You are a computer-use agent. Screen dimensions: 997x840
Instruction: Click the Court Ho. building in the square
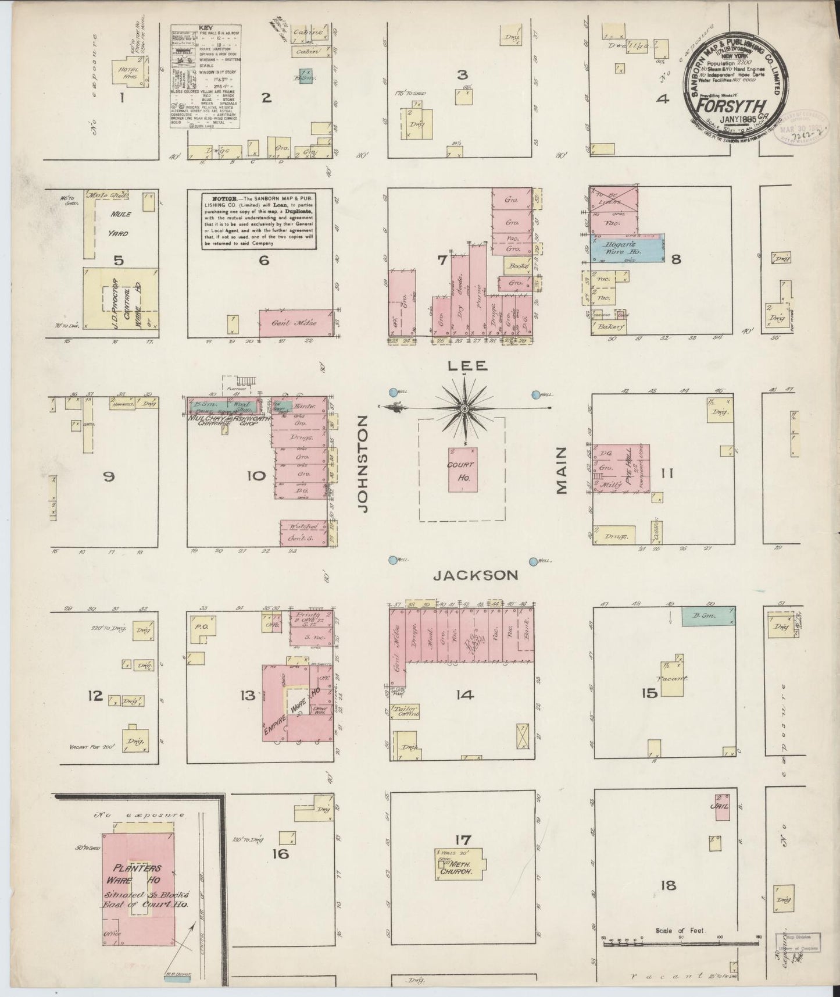[463, 469]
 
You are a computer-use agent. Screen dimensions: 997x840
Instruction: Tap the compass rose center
[464, 409]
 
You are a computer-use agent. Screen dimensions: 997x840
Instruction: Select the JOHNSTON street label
[363, 464]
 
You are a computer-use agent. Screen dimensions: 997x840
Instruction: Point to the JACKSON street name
[476, 575]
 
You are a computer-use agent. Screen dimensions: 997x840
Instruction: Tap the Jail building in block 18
[722, 807]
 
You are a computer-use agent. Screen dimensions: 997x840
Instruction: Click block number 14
[466, 693]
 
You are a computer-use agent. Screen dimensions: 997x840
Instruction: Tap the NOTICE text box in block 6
[260, 221]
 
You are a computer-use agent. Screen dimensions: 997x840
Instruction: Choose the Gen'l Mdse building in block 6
[296, 322]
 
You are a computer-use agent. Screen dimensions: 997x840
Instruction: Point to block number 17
[463, 839]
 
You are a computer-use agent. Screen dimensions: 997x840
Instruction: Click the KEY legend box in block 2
[206, 77]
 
